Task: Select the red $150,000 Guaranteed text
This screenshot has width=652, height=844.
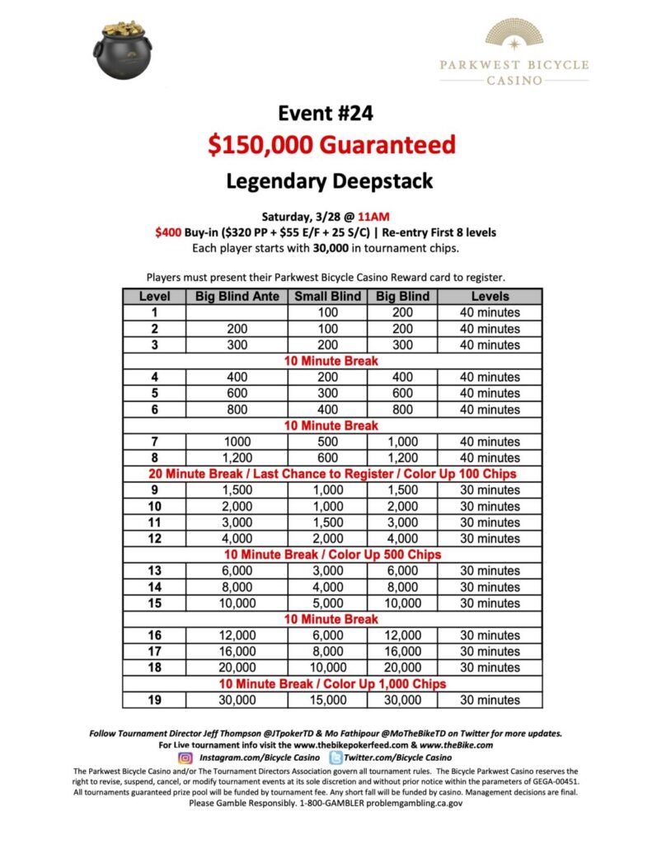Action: click(331, 146)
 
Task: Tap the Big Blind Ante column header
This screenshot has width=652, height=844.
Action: click(237, 296)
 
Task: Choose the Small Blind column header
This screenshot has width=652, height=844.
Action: click(327, 296)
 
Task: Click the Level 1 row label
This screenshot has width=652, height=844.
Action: click(154, 312)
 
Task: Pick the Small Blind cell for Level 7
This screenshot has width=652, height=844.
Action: click(327, 442)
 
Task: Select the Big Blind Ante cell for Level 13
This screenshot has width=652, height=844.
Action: click(237, 571)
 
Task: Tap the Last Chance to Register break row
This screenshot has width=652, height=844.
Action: click(332, 474)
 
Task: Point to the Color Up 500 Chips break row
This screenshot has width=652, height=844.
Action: click(332, 555)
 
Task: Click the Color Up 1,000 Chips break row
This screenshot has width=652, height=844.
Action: click(332, 684)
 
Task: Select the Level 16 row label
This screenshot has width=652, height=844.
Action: click(154, 635)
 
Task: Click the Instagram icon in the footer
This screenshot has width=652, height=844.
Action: click(185, 757)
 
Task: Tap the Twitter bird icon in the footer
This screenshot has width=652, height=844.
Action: click(336, 757)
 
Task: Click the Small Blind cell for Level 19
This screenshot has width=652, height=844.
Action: click(327, 701)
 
